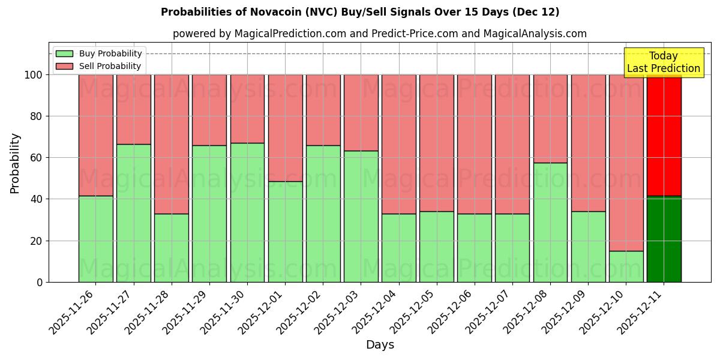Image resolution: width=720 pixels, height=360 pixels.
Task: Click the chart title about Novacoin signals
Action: click(x=360, y=12)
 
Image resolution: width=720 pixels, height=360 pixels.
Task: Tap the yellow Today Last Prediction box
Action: click(x=663, y=62)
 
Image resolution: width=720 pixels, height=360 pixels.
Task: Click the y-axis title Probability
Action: click(x=15, y=163)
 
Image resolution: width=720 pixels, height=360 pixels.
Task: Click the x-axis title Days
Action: click(x=380, y=345)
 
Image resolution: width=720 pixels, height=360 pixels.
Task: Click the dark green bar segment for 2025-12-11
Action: click(x=664, y=239)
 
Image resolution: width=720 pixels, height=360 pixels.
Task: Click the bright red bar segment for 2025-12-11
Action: click(x=664, y=135)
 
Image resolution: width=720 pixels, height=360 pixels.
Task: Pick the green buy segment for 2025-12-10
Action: click(x=626, y=266)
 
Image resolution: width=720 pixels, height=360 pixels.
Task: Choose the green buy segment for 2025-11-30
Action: click(x=247, y=212)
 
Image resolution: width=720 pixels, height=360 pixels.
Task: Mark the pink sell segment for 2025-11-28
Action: click(x=172, y=144)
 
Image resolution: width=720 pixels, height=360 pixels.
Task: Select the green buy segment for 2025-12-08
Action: click(x=550, y=222)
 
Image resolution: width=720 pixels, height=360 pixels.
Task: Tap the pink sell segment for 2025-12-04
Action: click(x=398, y=144)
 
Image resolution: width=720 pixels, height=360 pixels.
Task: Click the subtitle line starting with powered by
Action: click(x=380, y=34)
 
